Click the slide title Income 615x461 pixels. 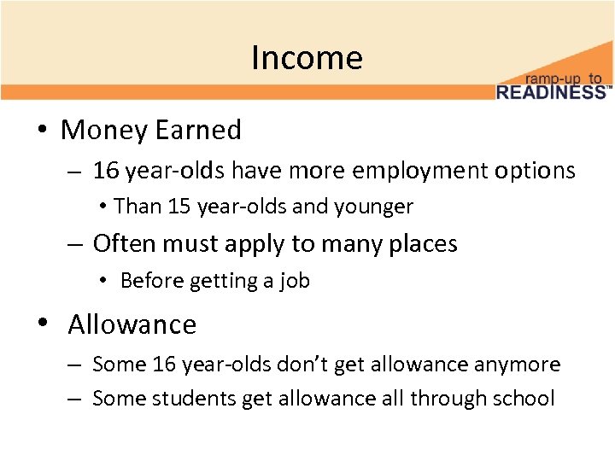tap(307, 58)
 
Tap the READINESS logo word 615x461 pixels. tap(552, 91)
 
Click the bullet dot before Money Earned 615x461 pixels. tap(41, 131)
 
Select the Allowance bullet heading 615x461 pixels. tap(132, 324)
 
